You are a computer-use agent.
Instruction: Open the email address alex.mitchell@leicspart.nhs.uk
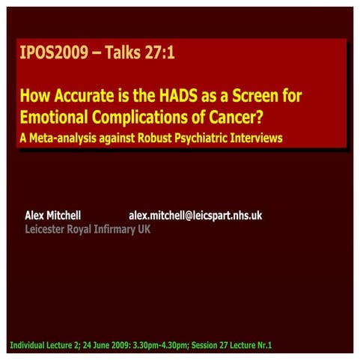point(195,216)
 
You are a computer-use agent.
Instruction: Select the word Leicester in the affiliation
point(48,229)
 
